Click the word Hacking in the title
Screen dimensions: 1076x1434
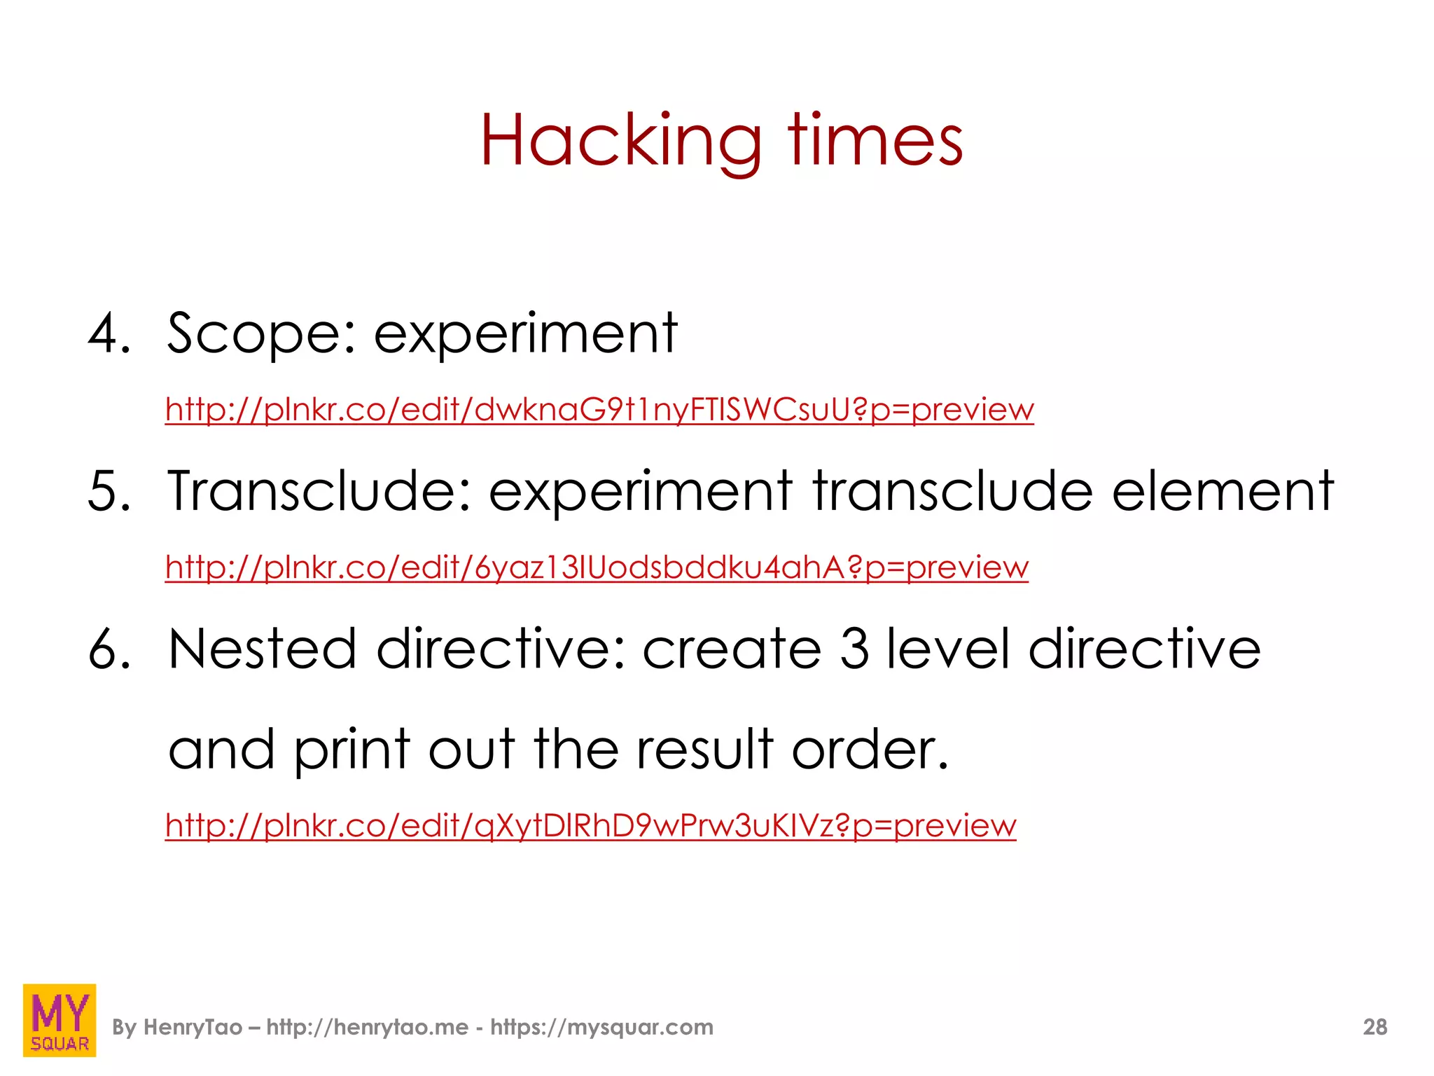(x=620, y=142)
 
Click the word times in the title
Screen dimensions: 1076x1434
(x=875, y=142)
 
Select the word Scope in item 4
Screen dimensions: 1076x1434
(x=255, y=333)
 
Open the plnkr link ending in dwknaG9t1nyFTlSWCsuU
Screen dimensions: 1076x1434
(x=599, y=410)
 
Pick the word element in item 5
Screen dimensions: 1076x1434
(x=1223, y=492)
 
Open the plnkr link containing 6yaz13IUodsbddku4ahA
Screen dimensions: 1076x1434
(x=597, y=567)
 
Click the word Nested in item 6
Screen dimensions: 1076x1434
(x=263, y=649)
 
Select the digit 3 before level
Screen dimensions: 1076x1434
(x=854, y=649)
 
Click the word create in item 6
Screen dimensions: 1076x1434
(x=732, y=649)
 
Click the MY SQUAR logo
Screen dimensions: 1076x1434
(x=60, y=1020)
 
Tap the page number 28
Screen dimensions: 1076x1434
(x=1374, y=1028)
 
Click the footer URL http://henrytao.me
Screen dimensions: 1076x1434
(x=368, y=1028)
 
